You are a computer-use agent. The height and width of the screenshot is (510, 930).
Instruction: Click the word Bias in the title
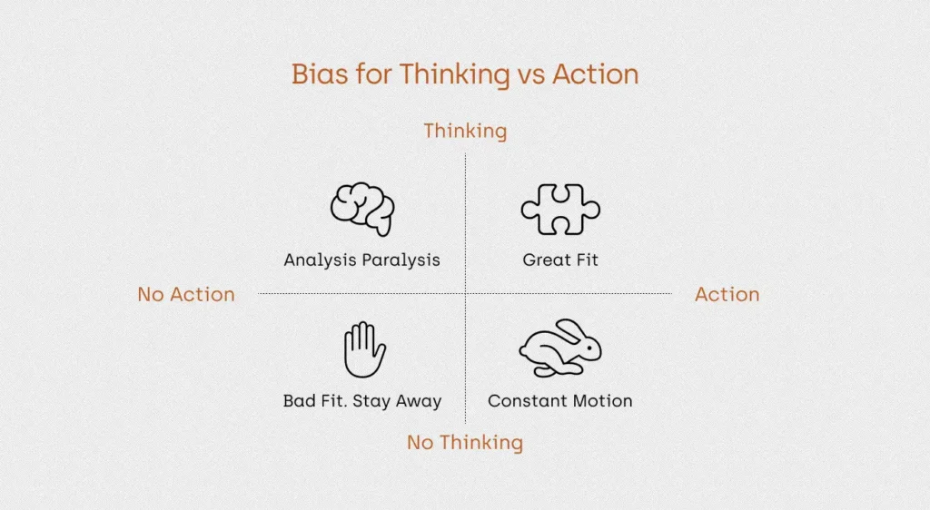pyautogui.click(x=320, y=74)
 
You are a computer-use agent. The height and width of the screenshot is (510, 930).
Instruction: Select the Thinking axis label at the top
pyautogui.click(x=465, y=132)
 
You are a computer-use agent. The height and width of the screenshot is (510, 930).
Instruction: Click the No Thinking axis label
pyautogui.click(x=465, y=443)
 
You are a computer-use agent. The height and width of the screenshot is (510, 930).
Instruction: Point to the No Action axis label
pyautogui.click(x=186, y=294)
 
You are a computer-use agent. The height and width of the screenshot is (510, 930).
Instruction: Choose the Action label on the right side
pyautogui.click(x=727, y=294)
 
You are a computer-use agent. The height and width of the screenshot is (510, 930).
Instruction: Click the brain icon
pyautogui.click(x=363, y=209)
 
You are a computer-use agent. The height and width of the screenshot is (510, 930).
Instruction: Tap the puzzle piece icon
pyautogui.click(x=560, y=209)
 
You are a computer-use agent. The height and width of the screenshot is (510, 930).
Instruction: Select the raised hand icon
pyautogui.click(x=365, y=349)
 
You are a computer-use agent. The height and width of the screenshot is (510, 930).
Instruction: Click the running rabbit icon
pyautogui.click(x=559, y=348)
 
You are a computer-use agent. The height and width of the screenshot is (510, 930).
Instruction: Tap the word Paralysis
pyautogui.click(x=401, y=260)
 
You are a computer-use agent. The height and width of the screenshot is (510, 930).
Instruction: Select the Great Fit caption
pyautogui.click(x=560, y=260)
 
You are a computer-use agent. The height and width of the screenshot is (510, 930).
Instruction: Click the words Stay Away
pyautogui.click(x=397, y=402)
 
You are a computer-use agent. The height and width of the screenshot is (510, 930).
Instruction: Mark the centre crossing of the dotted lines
pyautogui.click(x=466, y=293)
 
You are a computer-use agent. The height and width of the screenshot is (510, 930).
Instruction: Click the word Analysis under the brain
pyautogui.click(x=321, y=260)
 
